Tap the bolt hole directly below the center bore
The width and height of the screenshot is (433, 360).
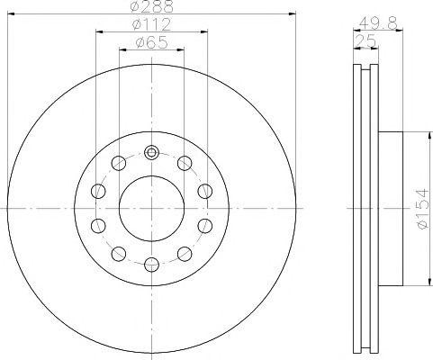pyautogui.click(x=151, y=264)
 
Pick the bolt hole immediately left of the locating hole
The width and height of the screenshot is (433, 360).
pyautogui.click(x=119, y=163)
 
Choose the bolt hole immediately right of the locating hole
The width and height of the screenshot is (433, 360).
pyautogui.click(x=184, y=163)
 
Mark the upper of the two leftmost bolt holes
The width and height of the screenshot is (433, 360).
pyautogui.click(x=98, y=191)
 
